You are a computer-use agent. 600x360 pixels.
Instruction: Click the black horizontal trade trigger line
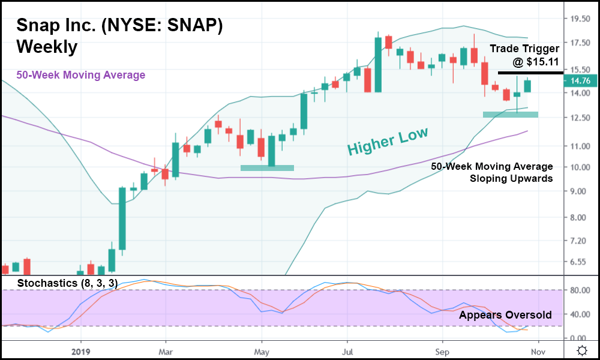point(530,73)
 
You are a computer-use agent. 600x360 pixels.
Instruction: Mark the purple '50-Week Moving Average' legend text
point(80,75)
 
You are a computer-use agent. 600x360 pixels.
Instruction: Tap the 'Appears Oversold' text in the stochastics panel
point(505,315)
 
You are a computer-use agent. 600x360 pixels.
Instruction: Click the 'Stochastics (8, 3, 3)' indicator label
point(67,283)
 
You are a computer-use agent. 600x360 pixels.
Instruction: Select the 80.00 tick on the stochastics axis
point(578,290)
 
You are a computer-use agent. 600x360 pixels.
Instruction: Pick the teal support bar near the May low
point(267,168)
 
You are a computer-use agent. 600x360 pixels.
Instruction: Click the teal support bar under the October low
point(510,114)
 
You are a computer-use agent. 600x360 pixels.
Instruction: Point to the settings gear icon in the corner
point(581,350)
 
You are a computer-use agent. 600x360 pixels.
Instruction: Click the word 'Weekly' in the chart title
point(47,47)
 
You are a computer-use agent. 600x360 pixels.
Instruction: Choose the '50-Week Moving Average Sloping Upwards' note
point(492,172)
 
